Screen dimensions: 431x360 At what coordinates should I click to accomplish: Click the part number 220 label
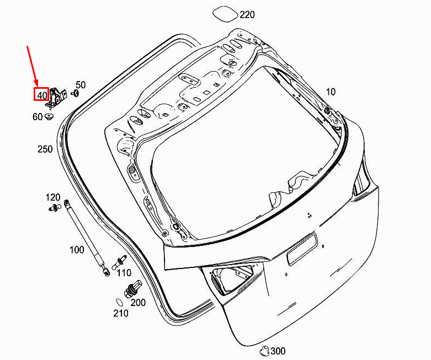(x=247, y=14)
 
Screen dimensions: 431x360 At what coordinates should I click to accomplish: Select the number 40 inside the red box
(x=42, y=95)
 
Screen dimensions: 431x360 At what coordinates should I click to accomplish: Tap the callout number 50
(x=81, y=85)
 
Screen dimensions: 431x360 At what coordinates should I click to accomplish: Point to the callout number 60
(x=38, y=117)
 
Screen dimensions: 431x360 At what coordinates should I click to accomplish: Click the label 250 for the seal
(x=45, y=149)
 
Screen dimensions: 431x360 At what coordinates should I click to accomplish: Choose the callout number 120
(x=53, y=197)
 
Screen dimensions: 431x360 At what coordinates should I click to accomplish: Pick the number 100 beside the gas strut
(x=77, y=250)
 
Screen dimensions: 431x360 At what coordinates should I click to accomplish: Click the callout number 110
(x=124, y=273)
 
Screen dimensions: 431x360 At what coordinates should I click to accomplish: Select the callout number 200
(x=138, y=303)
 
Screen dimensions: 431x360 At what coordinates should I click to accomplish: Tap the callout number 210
(x=121, y=313)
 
